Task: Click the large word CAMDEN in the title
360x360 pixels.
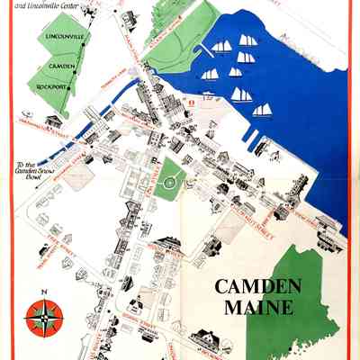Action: (255, 288)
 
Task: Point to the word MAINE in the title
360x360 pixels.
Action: (255, 307)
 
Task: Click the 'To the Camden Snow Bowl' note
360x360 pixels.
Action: (33, 168)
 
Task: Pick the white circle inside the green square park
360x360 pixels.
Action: (167, 185)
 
